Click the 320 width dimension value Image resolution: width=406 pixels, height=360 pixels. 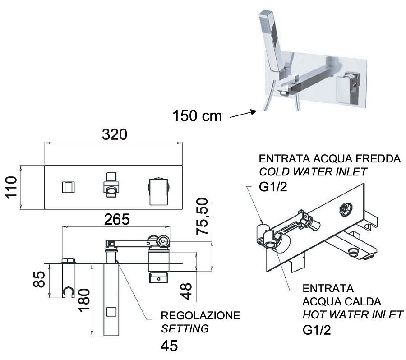point(114,135)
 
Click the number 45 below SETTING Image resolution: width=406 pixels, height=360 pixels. point(169,346)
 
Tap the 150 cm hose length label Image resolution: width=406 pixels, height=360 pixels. point(197,116)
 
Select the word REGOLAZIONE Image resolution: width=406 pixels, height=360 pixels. point(201,315)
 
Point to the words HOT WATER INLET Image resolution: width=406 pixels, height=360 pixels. point(353,315)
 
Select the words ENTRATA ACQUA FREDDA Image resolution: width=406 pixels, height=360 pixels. point(329,159)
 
